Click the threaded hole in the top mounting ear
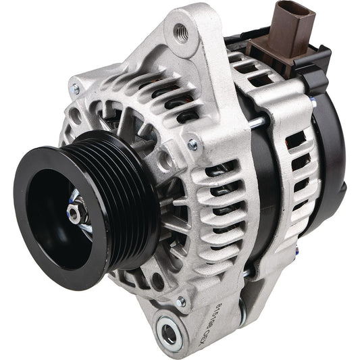pyautogui.click(x=181, y=31)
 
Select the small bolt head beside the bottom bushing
pyautogui.click(x=181, y=302)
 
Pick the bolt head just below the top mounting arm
pyautogui.click(x=194, y=144)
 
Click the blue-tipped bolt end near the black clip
pyautogui.click(x=314, y=103)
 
